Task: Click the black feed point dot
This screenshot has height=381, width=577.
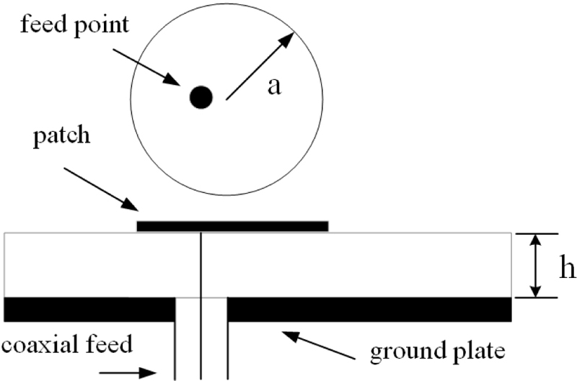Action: point(201,97)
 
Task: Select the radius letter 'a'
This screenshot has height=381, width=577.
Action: point(274,86)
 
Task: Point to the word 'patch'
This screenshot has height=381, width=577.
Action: point(61,136)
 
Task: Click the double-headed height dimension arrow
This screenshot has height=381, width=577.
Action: point(534,266)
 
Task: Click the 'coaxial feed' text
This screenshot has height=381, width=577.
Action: point(66,345)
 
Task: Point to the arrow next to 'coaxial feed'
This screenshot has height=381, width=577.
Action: point(128,372)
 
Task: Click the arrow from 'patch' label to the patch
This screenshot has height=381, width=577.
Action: point(100,189)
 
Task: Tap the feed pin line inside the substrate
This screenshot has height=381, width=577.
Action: point(201,264)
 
